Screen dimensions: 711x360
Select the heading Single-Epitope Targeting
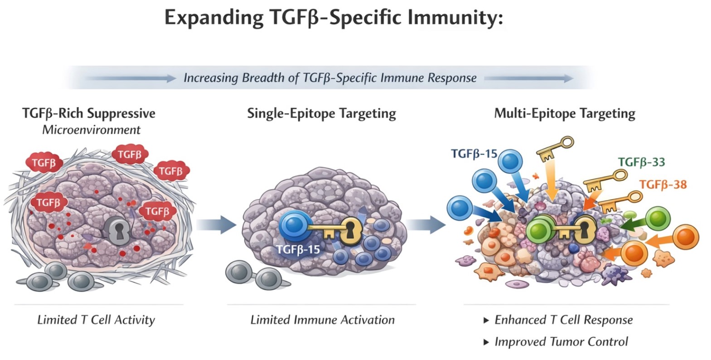pyautogui.click(x=322, y=113)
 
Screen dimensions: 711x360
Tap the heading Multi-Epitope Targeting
pyautogui.click(x=565, y=113)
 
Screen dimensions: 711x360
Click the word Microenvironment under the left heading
pyautogui.click(x=92, y=130)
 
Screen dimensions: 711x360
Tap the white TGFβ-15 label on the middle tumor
pyautogui.click(x=298, y=249)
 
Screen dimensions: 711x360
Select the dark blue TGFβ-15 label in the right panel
pyautogui.click(x=474, y=154)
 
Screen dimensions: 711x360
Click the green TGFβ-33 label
pyautogui.click(x=641, y=162)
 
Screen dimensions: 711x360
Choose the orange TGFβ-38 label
pyautogui.click(x=663, y=185)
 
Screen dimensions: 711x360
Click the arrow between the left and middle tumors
pyautogui.click(x=216, y=225)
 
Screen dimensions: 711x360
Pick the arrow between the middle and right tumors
pyautogui.click(x=426, y=225)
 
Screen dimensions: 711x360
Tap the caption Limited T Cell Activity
pyautogui.click(x=96, y=320)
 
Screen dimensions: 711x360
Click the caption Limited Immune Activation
pyautogui.click(x=323, y=320)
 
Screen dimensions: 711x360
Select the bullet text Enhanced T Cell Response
pyautogui.click(x=564, y=320)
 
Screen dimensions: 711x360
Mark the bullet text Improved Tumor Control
pyautogui.click(x=561, y=342)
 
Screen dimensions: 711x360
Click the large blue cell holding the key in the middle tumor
pyautogui.click(x=295, y=226)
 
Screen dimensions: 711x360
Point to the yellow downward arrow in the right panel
pyautogui.click(x=552, y=180)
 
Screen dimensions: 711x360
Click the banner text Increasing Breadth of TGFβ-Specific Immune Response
pyautogui.click(x=330, y=78)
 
